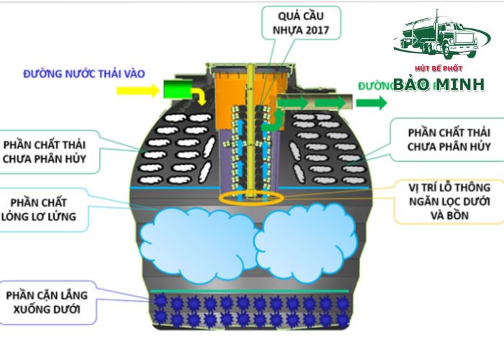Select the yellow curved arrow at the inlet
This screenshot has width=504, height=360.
pyautogui.click(x=201, y=95)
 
